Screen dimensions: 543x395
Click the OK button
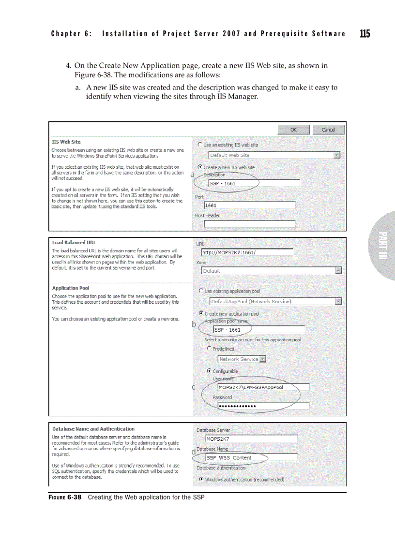pyautogui.click(x=293, y=130)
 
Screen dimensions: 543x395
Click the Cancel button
pyautogui.click(x=328, y=130)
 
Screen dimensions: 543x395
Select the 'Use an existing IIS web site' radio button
pyautogui.click(x=200, y=145)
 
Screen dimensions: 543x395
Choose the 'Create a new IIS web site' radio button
pyautogui.click(x=200, y=167)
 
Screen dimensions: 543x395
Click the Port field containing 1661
pyautogui.click(x=249, y=205)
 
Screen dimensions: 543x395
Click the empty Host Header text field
pyautogui.click(x=249, y=224)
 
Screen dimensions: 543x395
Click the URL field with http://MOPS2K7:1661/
pyautogui.click(x=247, y=252)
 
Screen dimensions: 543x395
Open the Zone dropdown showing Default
pyautogui.click(x=338, y=271)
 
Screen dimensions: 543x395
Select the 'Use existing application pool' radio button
pyautogui.click(x=201, y=291)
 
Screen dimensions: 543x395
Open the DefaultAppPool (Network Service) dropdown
pyautogui.click(x=338, y=301)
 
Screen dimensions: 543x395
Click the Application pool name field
pyautogui.click(x=258, y=330)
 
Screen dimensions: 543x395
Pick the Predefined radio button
pyautogui.click(x=209, y=348)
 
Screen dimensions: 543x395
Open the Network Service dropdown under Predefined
pyautogui.click(x=262, y=359)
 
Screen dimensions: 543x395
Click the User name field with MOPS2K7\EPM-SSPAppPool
pyautogui.click(x=263, y=387)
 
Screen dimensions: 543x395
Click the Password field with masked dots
pyautogui.click(x=263, y=406)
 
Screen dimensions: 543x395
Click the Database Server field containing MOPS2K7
pyautogui.click(x=251, y=439)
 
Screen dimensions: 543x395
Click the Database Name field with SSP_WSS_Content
pyautogui.click(x=251, y=457)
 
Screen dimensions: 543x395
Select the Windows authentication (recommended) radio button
pyautogui.click(x=200, y=480)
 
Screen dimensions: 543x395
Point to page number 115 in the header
pyautogui.click(x=365, y=33)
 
